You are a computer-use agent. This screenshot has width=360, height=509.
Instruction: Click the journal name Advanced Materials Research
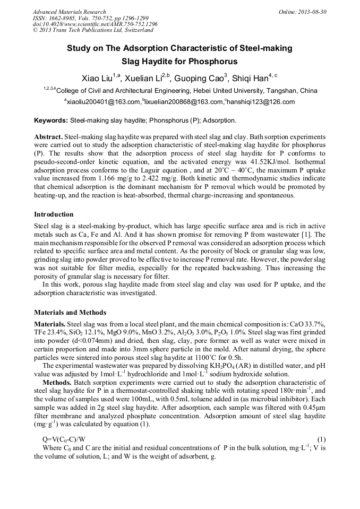[69, 12]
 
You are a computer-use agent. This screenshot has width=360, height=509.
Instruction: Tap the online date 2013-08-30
[315, 12]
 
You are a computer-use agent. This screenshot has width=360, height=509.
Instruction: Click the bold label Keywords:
[51, 120]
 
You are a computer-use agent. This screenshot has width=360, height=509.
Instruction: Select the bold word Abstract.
[49, 136]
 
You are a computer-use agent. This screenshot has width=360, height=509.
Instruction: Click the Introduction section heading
[54, 214]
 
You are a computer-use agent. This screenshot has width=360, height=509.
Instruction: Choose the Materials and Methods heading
[70, 312]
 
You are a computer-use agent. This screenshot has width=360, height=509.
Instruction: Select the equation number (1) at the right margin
[321, 439]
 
